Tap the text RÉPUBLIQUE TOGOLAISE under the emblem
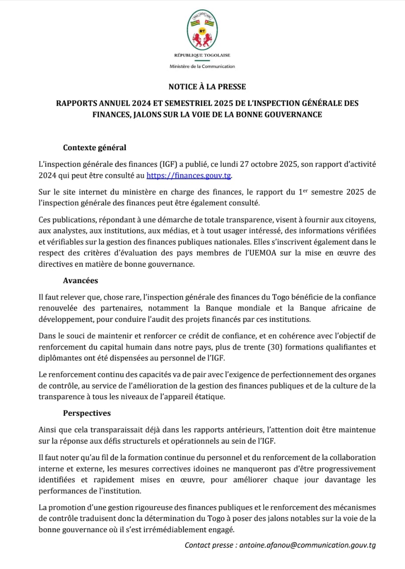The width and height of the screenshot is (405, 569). (x=202, y=55)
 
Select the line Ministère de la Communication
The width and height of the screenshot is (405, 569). (x=202, y=66)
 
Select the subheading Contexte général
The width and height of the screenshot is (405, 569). (x=95, y=148)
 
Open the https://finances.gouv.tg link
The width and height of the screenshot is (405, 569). (x=189, y=175)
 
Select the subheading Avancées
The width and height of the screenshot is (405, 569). (x=80, y=280)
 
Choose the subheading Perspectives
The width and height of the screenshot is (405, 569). (x=87, y=413)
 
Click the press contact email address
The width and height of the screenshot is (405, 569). (x=307, y=545)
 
